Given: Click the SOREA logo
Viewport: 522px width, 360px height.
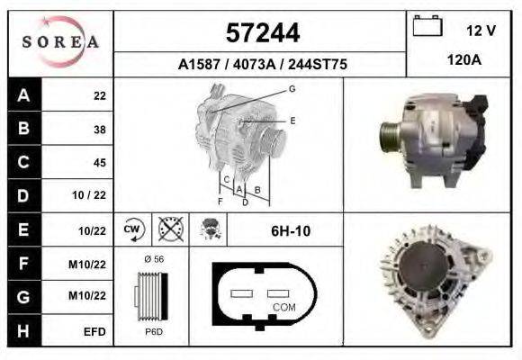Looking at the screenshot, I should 60,42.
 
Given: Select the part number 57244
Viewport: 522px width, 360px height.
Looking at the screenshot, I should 261,33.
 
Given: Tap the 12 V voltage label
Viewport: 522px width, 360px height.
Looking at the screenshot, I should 481,31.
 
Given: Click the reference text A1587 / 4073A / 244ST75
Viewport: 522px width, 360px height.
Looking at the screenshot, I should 261,65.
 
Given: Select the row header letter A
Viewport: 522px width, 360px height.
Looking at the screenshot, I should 23,95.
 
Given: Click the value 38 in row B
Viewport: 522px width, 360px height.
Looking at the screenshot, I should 99,130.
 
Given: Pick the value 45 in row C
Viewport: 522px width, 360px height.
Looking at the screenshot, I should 99,163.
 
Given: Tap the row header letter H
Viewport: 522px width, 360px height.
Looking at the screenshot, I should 23,330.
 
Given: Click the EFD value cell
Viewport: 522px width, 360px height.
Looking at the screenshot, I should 94,331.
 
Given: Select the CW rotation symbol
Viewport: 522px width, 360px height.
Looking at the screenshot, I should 133,229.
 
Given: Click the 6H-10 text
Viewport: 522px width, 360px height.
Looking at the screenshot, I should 291,231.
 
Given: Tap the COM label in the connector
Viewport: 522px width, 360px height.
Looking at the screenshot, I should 284,307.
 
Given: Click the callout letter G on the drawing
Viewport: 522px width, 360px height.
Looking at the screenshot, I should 292,88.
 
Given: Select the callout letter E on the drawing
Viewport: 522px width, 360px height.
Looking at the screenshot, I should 292,120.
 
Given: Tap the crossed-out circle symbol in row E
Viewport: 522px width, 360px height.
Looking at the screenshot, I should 168,229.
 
